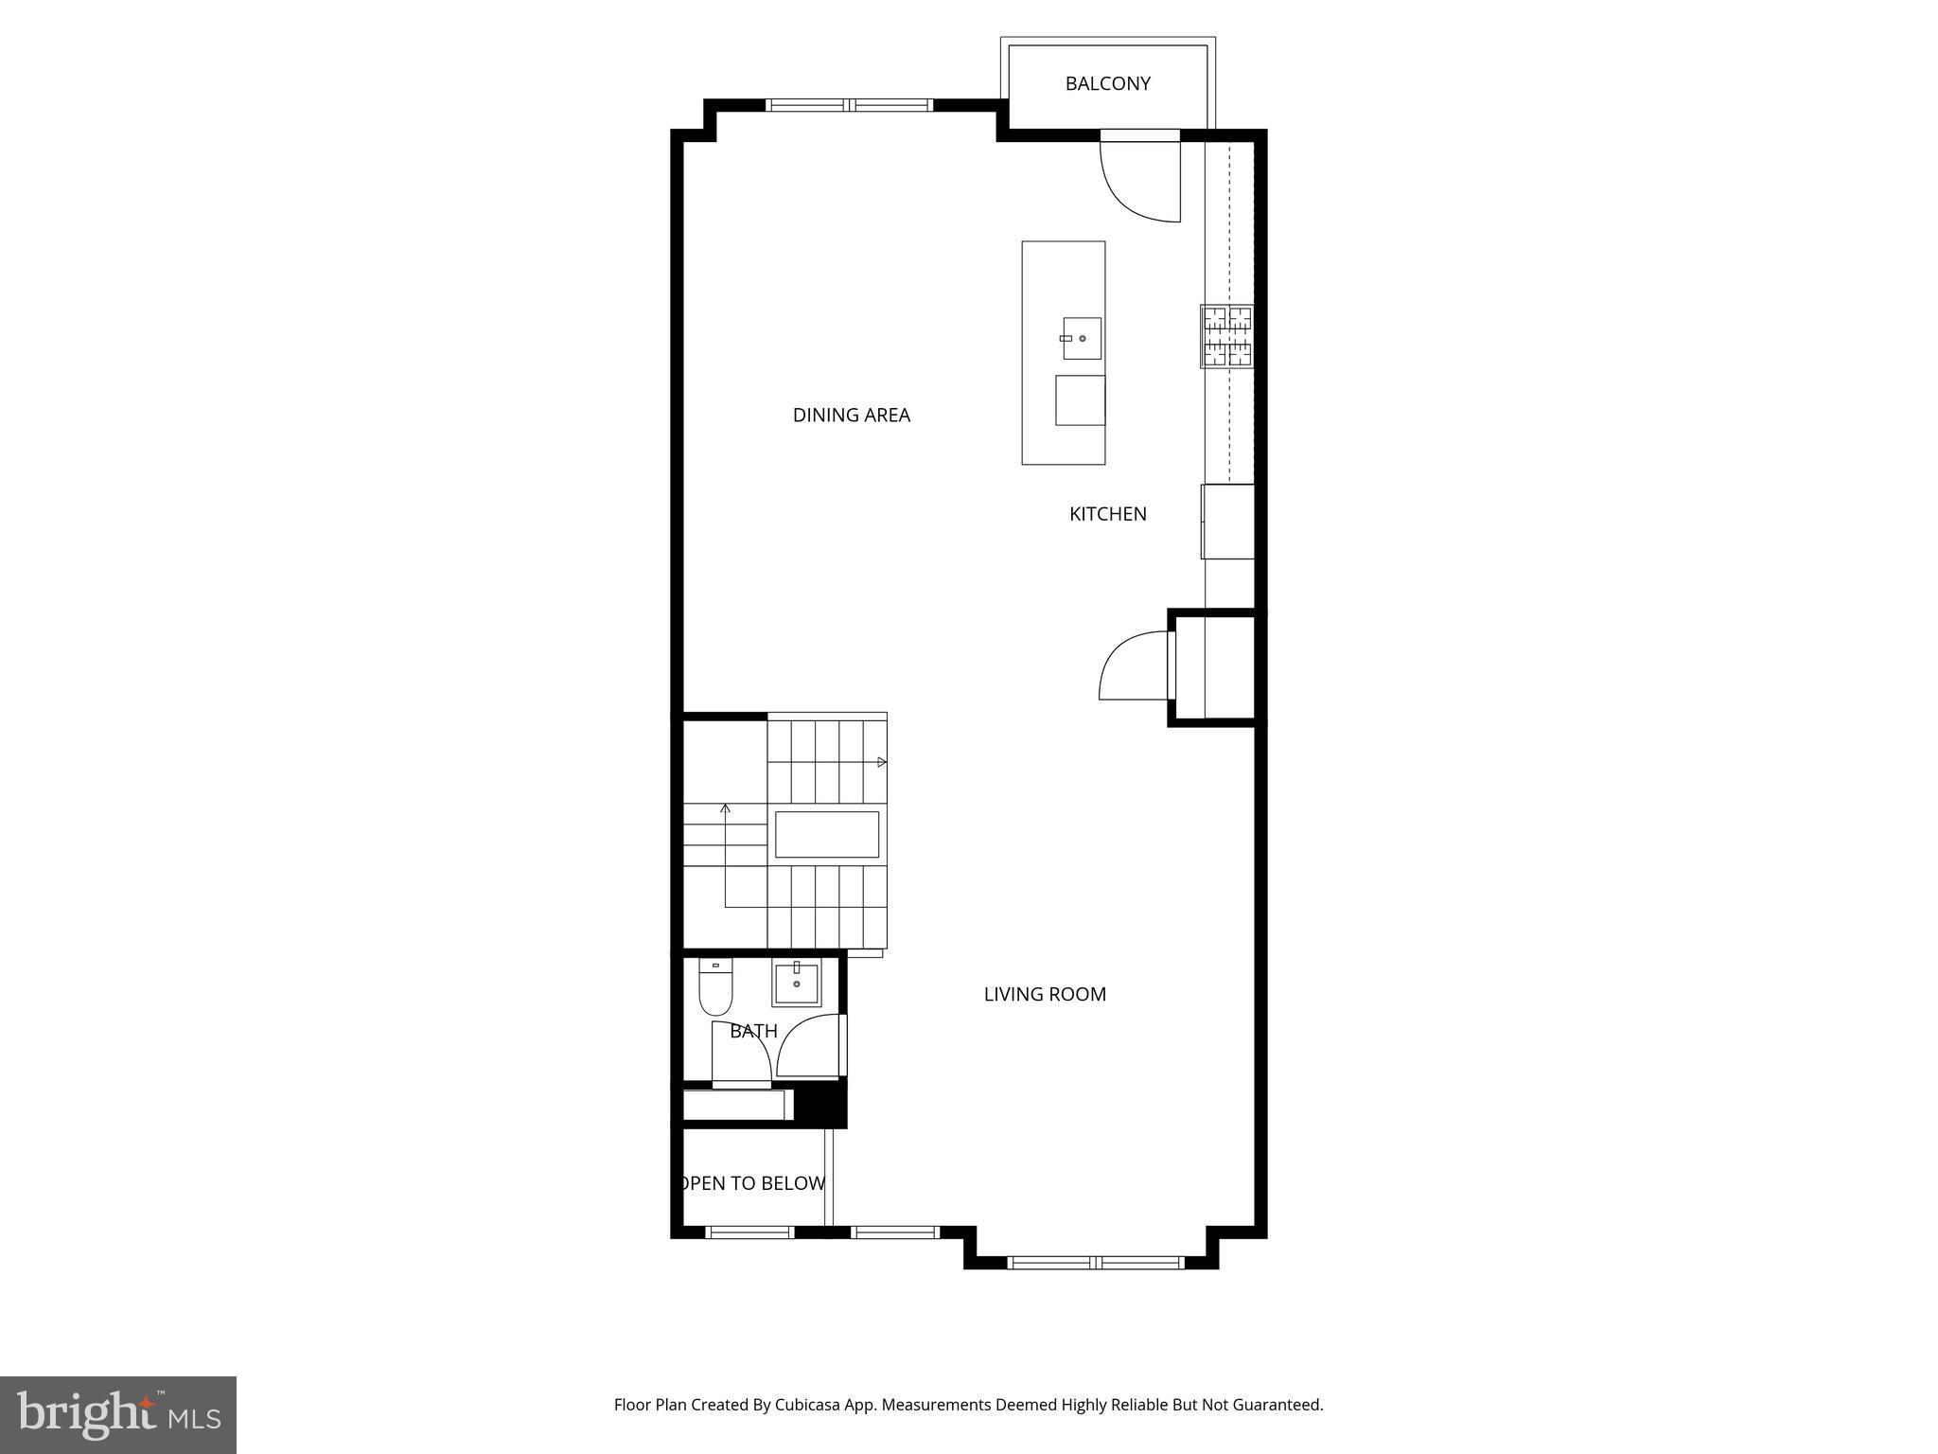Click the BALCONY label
point(1107,83)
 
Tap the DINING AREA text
point(851,415)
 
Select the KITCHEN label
point(1107,514)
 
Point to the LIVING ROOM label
point(1045,994)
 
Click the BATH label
point(753,1031)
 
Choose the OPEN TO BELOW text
point(753,1183)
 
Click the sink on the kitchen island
point(1082,339)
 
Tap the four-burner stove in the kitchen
point(1227,336)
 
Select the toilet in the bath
point(715,988)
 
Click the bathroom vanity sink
point(796,984)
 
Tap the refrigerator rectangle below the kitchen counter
point(1228,522)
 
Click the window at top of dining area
point(849,105)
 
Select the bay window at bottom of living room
point(1095,1262)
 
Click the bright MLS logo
point(118,1414)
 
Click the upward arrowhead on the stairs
point(726,808)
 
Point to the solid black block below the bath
point(819,1104)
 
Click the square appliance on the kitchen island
point(1080,400)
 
